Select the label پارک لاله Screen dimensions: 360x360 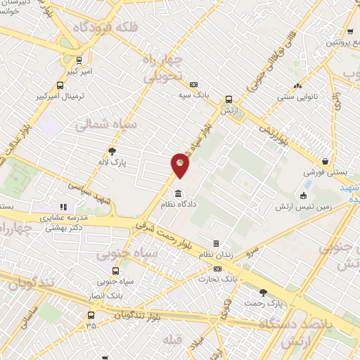pyautogui.click(x=112, y=162)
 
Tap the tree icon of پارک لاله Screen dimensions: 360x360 pyautogui.click(x=112, y=150)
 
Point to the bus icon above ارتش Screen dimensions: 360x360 pyautogui.click(x=228, y=100)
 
